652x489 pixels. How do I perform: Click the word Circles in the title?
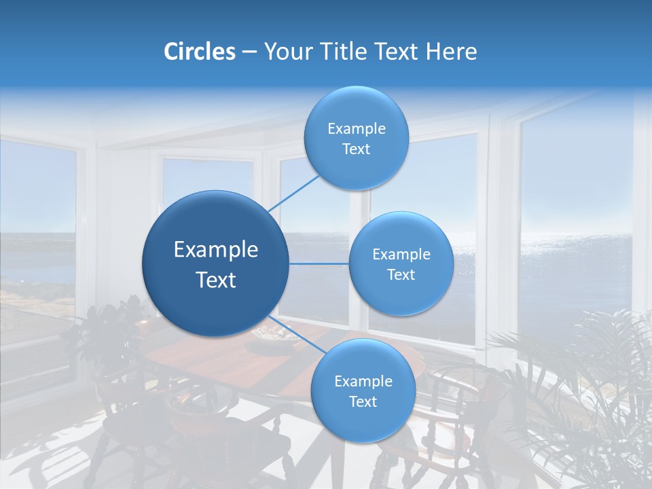[199, 52]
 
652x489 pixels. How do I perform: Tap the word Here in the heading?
[451, 52]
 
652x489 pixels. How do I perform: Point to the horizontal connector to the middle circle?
[319, 264]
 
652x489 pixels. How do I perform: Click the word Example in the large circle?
[216, 250]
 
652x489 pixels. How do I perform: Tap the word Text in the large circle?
[216, 280]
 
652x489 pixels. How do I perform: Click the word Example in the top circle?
[357, 128]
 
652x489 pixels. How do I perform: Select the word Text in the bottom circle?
[363, 401]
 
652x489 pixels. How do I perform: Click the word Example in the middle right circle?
[401, 254]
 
